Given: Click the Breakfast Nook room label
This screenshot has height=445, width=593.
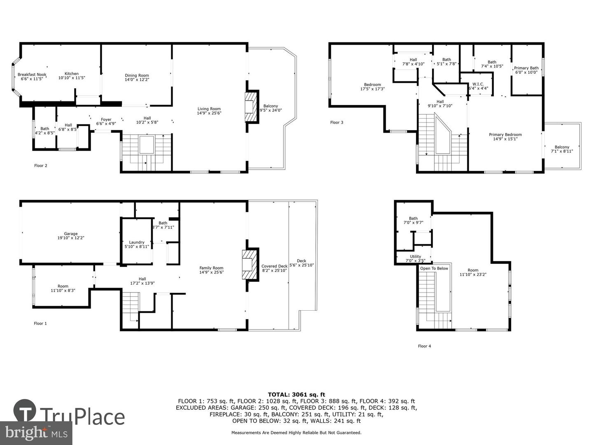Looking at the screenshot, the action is (x=32, y=75).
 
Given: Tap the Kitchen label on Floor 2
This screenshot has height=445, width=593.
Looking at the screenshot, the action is (x=72, y=73).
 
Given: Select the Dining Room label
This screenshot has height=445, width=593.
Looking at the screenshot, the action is (x=137, y=75).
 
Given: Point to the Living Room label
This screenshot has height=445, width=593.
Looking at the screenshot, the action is (x=209, y=109).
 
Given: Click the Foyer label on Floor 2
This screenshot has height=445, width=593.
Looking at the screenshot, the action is (x=106, y=119).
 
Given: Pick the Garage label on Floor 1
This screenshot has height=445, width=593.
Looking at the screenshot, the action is (x=71, y=234).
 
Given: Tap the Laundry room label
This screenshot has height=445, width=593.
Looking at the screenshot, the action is (x=137, y=242).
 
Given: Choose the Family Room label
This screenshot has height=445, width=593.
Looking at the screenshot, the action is (x=212, y=268).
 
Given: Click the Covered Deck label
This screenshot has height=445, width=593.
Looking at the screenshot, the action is (x=275, y=266).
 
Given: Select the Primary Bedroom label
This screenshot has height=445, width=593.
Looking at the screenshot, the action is (x=505, y=135).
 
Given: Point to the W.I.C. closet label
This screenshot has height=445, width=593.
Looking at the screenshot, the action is (x=478, y=84).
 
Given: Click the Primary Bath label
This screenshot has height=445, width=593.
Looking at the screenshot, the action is (x=526, y=68).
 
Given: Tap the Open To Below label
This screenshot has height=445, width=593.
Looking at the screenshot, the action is (x=434, y=268).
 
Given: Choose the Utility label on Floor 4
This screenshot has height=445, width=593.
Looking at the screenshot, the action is (x=416, y=256).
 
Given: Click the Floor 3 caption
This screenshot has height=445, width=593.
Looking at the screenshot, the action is (x=336, y=122).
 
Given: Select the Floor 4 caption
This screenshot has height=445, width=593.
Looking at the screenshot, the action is (x=425, y=346).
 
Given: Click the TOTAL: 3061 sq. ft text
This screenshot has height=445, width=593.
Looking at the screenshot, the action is (x=296, y=395).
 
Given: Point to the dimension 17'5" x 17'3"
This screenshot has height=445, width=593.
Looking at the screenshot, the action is (x=373, y=89).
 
